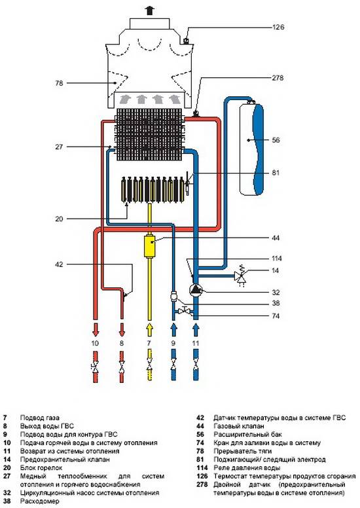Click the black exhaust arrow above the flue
click(149, 10)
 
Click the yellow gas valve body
click(149, 246)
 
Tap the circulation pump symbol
click(196, 289)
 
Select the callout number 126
click(278, 27)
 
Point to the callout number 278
click(278, 78)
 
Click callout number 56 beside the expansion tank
click(276, 140)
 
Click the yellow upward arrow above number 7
click(149, 329)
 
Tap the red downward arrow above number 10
click(95, 329)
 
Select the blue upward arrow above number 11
click(196, 329)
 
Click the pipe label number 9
click(173, 343)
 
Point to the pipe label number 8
click(122, 343)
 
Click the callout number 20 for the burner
click(59, 219)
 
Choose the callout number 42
click(59, 264)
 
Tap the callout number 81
click(276, 173)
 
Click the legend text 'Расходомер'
click(39, 501)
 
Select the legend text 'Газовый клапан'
click(239, 426)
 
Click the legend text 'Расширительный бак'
click(248, 435)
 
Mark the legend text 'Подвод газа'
click(39, 418)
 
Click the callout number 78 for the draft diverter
click(59, 83)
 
